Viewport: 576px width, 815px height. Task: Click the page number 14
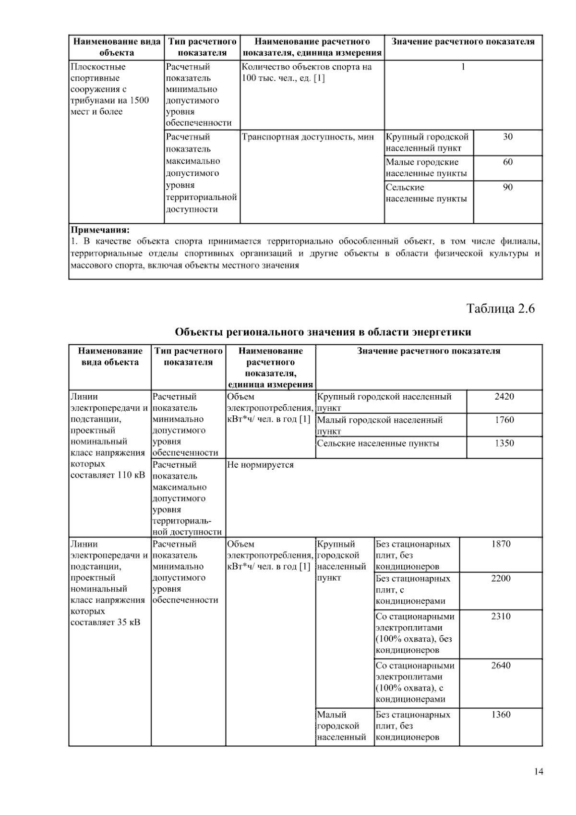(x=538, y=772)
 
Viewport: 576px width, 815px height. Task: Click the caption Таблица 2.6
(x=500, y=308)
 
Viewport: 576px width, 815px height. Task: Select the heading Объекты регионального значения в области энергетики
(x=323, y=332)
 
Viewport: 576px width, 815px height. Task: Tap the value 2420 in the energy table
(x=504, y=397)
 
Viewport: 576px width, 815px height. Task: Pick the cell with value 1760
(x=504, y=420)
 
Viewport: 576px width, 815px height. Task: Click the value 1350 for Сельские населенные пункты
(x=504, y=443)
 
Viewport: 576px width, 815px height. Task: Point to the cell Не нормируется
(x=260, y=465)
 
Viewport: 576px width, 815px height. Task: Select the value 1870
(x=501, y=544)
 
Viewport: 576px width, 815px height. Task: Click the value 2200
(x=501, y=578)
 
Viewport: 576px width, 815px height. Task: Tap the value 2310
(x=501, y=616)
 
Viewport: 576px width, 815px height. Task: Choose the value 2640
(x=501, y=666)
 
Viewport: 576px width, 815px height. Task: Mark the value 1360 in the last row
(x=501, y=715)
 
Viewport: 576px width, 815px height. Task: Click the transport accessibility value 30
(x=507, y=137)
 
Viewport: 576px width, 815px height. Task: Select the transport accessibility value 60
(x=507, y=162)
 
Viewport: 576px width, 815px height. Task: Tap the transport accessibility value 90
(x=507, y=188)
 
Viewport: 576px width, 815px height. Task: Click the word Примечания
(x=100, y=230)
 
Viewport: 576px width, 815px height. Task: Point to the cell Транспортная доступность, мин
(x=308, y=137)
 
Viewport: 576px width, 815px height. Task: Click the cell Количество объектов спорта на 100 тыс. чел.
(x=307, y=73)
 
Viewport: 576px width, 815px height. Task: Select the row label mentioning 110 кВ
(x=109, y=436)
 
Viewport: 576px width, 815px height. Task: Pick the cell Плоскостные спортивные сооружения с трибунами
(x=110, y=89)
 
